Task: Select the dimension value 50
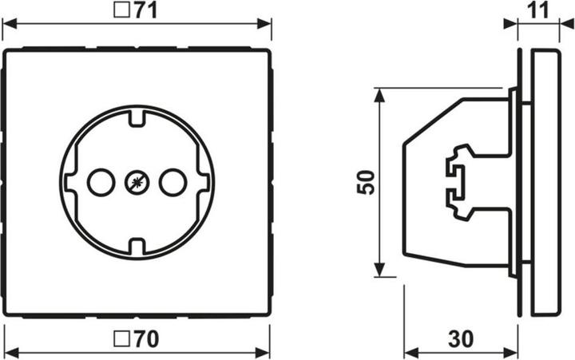pyautogui.click(x=363, y=183)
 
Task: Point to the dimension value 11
pyautogui.click(x=540, y=10)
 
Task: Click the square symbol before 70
pyautogui.click(x=123, y=338)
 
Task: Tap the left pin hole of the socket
pyautogui.click(x=100, y=183)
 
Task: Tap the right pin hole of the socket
pyautogui.click(x=171, y=183)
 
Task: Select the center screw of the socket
pyautogui.click(x=135, y=183)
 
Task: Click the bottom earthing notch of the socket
pyautogui.click(x=135, y=243)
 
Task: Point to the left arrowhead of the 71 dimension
pyautogui.click(x=10, y=25)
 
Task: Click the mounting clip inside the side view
pyautogui.click(x=457, y=182)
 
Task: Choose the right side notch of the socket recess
pyautogui.click(x=204, y=183)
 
